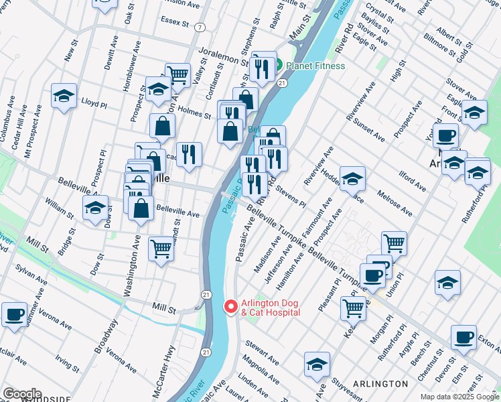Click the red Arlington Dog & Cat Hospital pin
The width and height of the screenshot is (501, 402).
(x=230, y=306)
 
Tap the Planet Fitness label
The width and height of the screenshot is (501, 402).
(x=315, y=66)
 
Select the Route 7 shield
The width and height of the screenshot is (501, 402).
(x=200, y=27)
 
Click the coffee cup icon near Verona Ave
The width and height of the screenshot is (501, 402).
(x=14, y=314)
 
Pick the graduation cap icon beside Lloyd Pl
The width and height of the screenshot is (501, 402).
(x=64, y=96)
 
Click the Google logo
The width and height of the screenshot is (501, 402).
(x=22, y=394)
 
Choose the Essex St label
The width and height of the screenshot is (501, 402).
(x=175, y=22)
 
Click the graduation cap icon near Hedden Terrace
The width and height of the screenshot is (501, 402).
(x=352, y=179)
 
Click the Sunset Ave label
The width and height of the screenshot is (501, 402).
(x=370, y=129)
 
